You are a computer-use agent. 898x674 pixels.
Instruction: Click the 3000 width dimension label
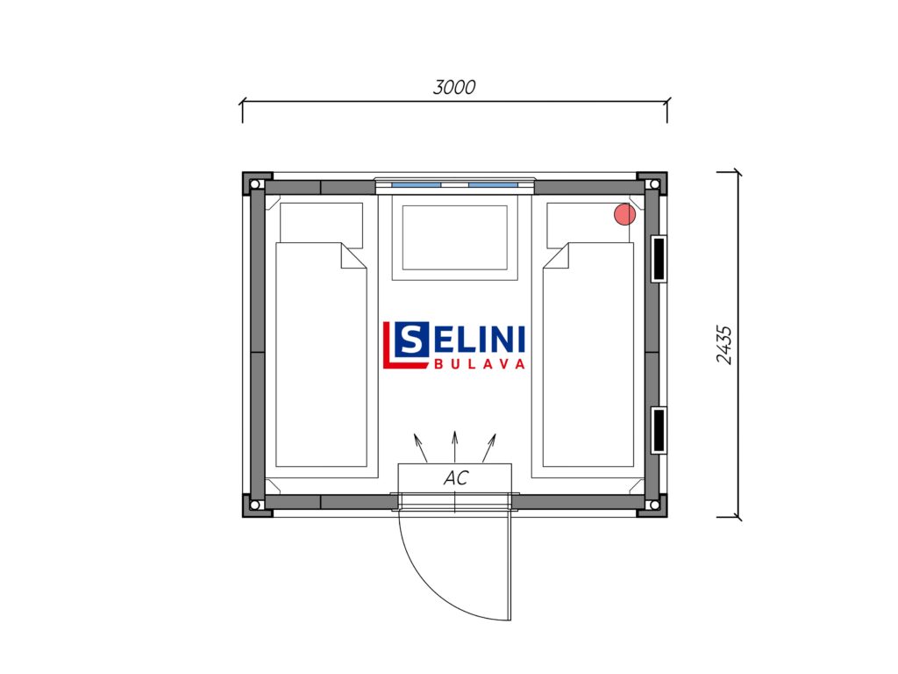[454, 87]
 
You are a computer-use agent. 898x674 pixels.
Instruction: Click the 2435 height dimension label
[724, 345]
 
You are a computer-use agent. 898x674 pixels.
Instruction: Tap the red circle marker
[624, 214]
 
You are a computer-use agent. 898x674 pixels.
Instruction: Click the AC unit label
[456, 477]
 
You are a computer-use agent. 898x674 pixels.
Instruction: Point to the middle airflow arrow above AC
[455, 447]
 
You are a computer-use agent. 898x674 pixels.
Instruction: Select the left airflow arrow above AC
[421, 448]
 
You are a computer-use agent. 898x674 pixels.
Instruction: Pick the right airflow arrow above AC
[489, 448]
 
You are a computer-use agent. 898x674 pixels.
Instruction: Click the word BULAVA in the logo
[480, 364]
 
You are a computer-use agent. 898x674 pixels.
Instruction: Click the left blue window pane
[417, 185]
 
